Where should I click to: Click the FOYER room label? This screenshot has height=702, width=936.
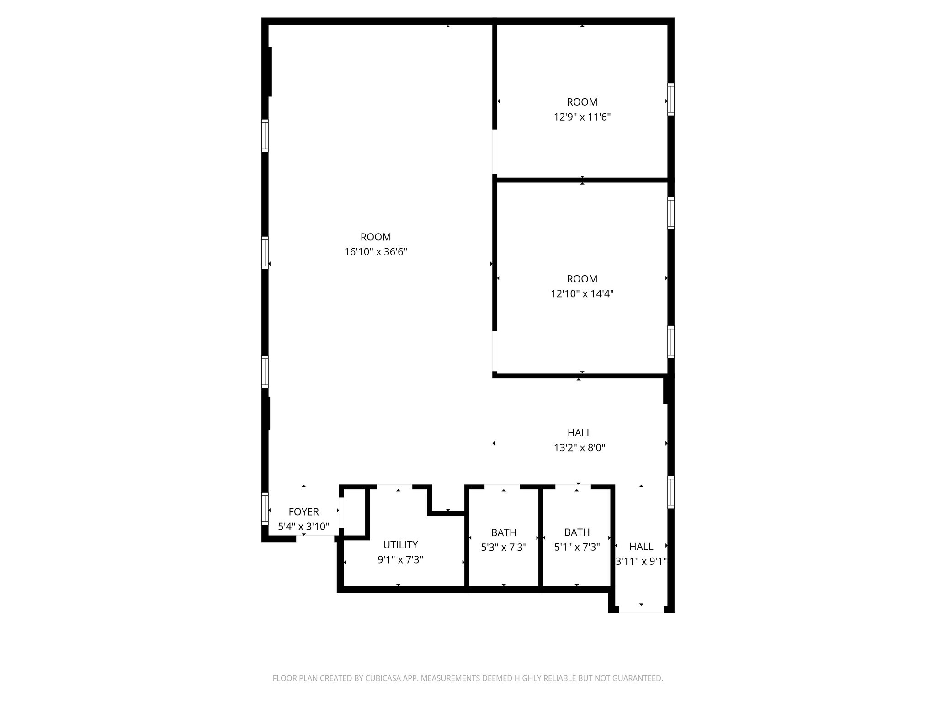[x=303, y=512]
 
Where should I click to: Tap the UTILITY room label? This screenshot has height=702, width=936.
[x=400, y=545]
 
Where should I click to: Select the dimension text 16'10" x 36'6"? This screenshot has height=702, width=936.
[x=376, y=252]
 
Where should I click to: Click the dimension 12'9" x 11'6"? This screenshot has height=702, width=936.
[x=582, y=117]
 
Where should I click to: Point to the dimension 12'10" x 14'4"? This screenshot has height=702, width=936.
[x=582, y=293]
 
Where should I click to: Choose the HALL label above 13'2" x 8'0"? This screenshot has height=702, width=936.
[x=580, y=433]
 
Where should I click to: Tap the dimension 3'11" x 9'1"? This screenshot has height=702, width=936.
[x=641, y=561]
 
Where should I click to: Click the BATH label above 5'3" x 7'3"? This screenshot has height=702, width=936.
[x=504, y=532]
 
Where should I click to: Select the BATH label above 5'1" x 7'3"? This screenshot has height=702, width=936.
[x=577, y=532]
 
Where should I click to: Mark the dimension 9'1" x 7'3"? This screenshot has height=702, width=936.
[x=400, y=560]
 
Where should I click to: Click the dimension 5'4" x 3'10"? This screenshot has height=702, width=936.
[x=303, y=526]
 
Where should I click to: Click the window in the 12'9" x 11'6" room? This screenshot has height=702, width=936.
[x=671, y=99]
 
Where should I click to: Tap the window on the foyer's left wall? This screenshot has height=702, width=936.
[x=265, y=508]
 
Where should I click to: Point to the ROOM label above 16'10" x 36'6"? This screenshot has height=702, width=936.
[x=376, y=237]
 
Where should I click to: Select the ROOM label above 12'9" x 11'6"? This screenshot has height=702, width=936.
[x=582, y=102]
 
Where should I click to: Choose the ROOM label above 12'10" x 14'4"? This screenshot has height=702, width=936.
[x=582, y=279]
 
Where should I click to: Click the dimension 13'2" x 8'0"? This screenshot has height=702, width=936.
[x=580, y=447]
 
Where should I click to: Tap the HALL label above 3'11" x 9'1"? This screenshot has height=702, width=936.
[x=641, y=547]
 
